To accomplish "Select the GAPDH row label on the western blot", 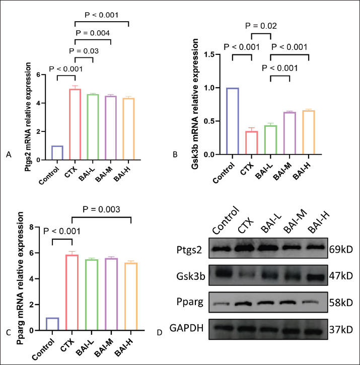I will click(x=187, y=329).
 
